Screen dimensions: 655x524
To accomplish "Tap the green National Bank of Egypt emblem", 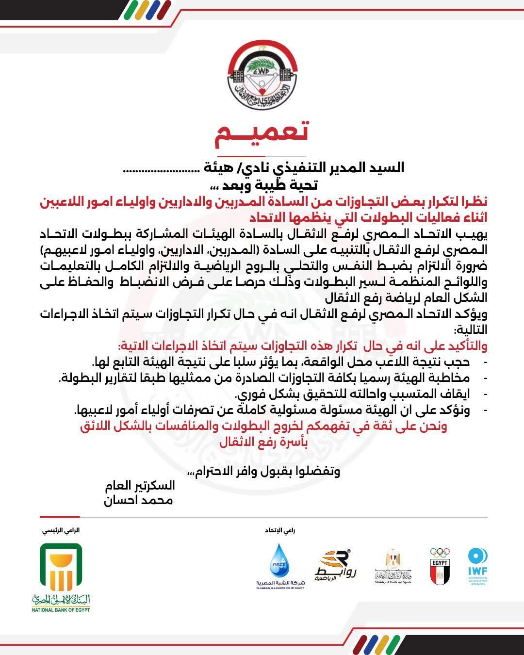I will pos(61,567).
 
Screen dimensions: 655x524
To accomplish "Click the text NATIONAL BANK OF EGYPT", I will pos(61,610).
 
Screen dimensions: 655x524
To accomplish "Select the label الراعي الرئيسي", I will pos(61,530).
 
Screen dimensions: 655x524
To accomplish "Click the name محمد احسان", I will pos(138,500).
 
